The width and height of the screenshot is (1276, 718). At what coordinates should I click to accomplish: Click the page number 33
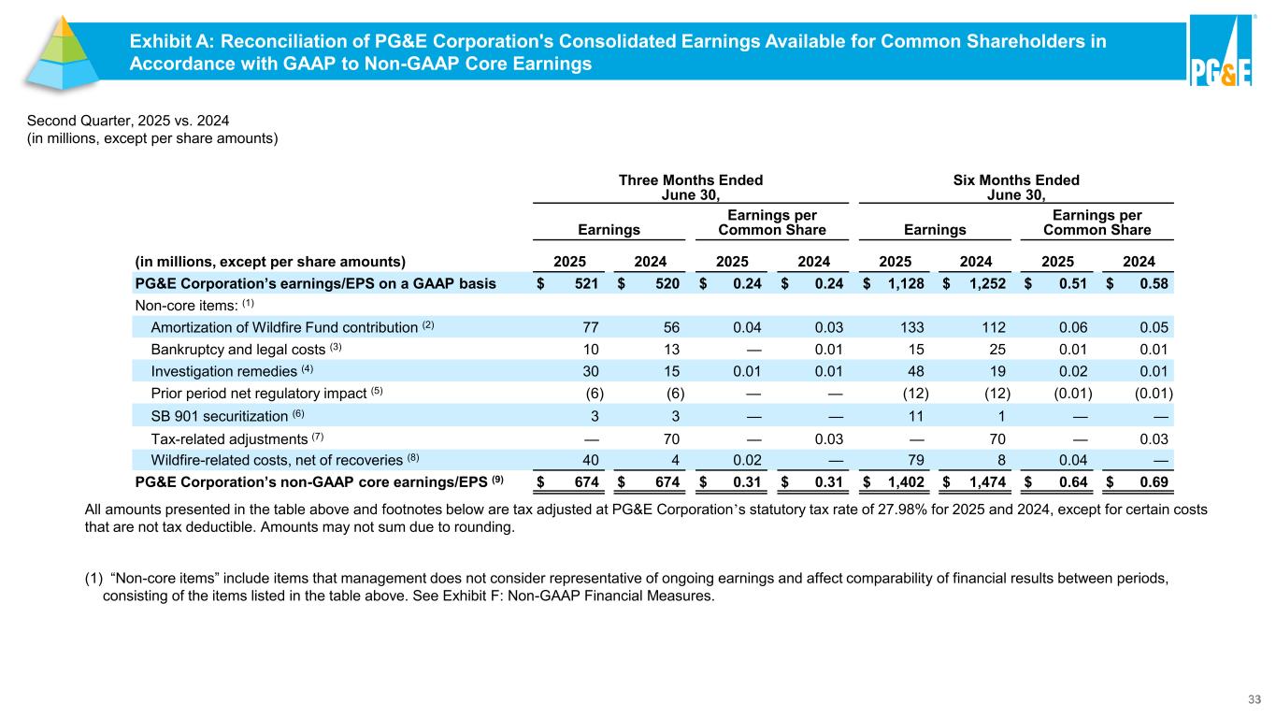[x=1255, y=698]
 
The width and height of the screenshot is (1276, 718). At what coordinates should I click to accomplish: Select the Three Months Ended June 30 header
[x=691, y=187]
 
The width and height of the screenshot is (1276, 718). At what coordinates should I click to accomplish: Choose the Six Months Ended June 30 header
[x=1015, y=187]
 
